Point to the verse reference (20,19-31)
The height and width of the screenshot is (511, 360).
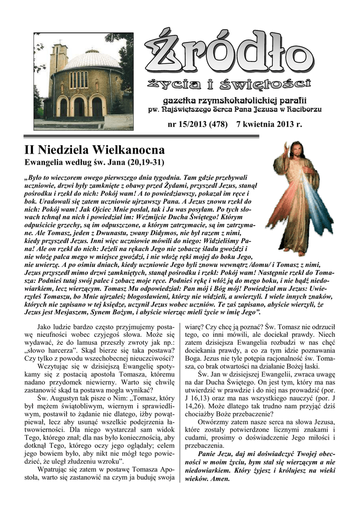pos(145,163)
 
